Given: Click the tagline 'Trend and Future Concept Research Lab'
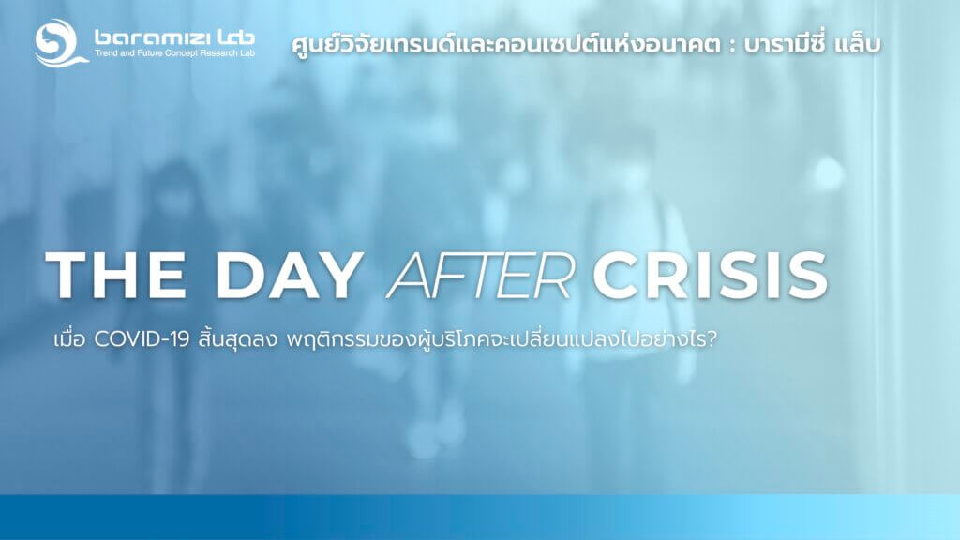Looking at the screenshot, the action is pos(174,53).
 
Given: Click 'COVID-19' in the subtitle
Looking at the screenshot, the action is pos(142,339).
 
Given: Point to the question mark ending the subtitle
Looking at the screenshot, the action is pos(711,339).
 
